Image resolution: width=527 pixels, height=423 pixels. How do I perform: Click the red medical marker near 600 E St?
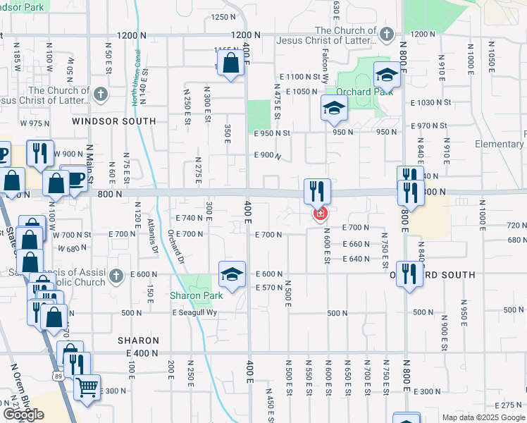[x=321, y=213]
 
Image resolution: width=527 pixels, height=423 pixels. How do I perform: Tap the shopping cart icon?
[x=87, y=386]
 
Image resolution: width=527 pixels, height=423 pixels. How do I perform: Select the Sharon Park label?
[x=197, y=295]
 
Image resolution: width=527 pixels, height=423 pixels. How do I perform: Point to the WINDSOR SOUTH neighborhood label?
[x=114, y=121]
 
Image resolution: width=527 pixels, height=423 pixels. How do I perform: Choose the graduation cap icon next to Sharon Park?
[x=232, y=273]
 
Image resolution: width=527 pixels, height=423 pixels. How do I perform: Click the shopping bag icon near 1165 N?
[x=231, y=63]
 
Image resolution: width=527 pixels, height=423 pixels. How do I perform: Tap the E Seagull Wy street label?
[x=198, y=313]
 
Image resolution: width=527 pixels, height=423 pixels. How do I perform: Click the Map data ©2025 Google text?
[x=483, y=417]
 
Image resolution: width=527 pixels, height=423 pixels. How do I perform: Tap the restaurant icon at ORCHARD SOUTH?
[x=408, y=274]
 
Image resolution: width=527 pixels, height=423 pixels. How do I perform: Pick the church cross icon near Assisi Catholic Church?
[x=120, y=275]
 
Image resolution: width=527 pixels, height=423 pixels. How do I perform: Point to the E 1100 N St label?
[x=300, y=76]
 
